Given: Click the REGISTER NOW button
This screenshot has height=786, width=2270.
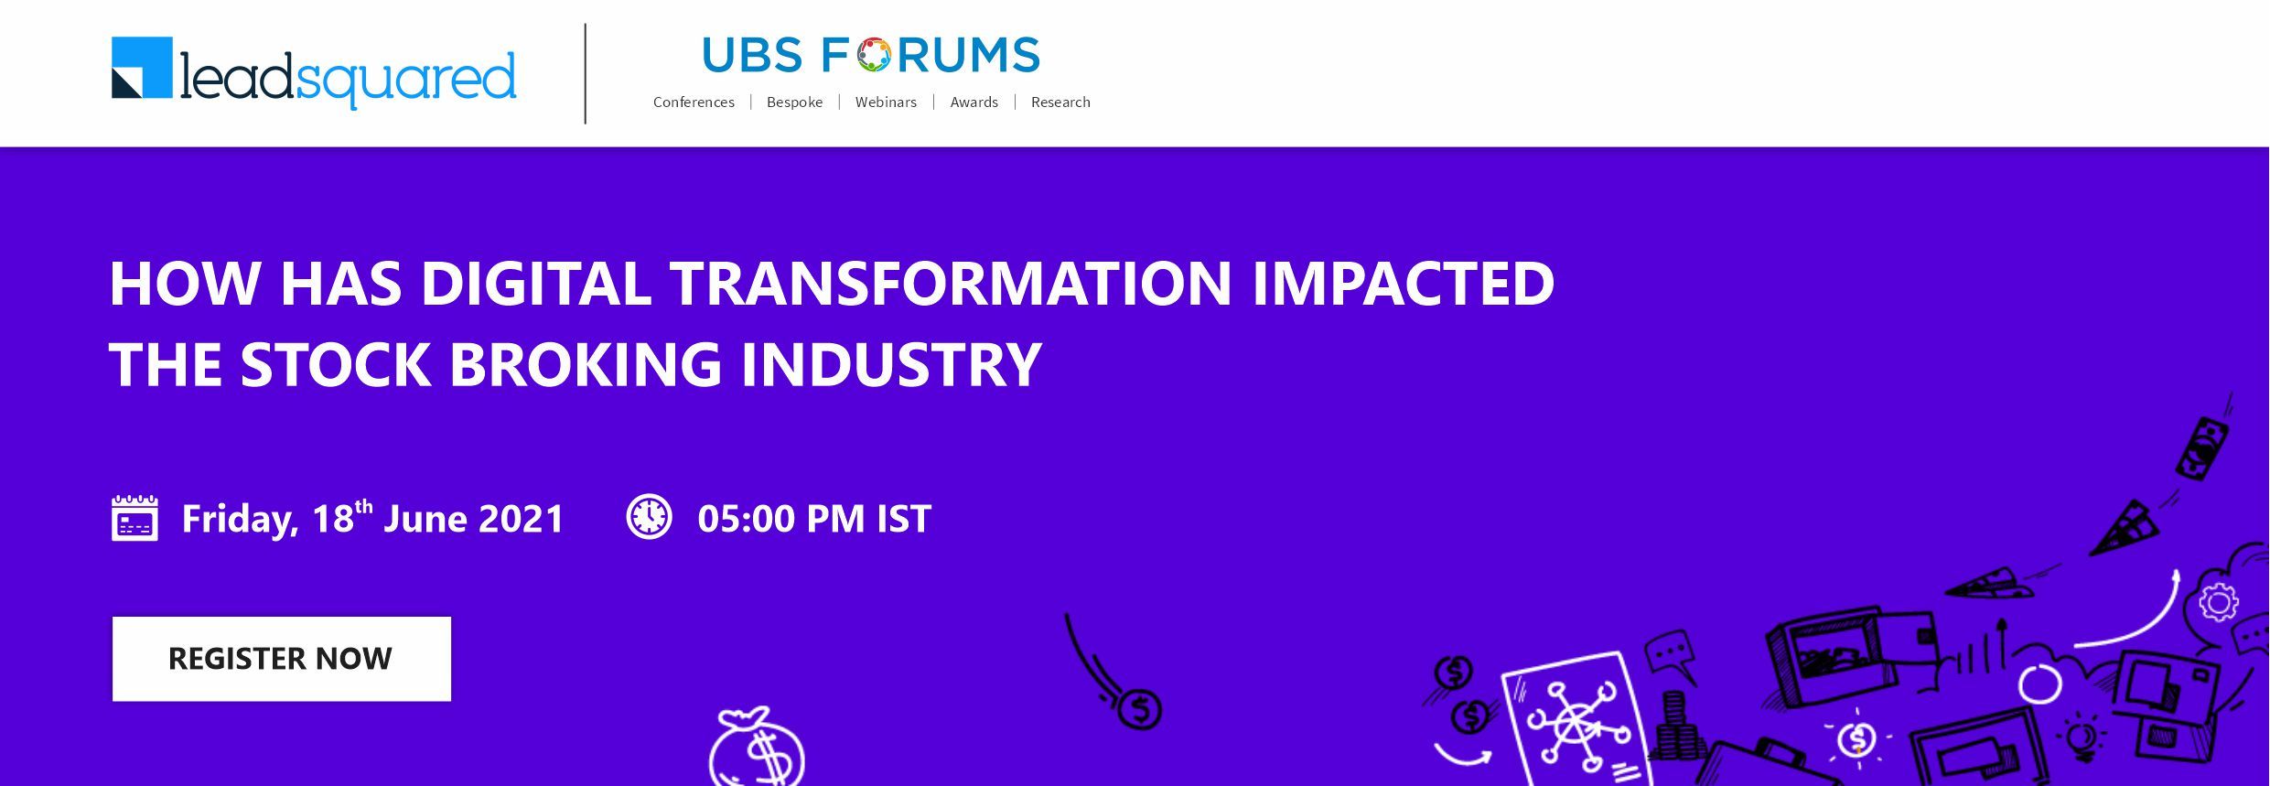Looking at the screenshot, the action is (x=282, y=659).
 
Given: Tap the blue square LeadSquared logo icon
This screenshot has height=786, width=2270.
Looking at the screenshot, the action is (x=142, y=67).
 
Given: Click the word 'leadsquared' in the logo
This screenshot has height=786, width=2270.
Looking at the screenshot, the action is (x=349, y=79).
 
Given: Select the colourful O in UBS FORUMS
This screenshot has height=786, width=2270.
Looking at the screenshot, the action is (x=874, y=55).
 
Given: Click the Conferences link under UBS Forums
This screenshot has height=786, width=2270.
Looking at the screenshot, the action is (x=694, y=102).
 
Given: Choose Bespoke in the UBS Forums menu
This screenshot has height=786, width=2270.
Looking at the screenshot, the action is (x=794, y=102).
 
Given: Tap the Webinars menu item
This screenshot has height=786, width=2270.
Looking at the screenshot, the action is (x=886, y=102).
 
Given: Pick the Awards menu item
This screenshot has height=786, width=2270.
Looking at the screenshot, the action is (x=974, y=102).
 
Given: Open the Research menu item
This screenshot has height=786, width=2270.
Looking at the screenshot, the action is (x=1060, y=102).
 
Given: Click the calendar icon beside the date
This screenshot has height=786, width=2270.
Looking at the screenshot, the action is (x=134, y=518).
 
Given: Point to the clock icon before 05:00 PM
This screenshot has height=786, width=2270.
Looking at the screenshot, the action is (x=649, y=517).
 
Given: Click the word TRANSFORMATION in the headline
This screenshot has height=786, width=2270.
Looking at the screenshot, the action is (x=951, y=283).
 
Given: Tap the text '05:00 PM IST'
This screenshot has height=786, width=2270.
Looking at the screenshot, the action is (x=814, y=519).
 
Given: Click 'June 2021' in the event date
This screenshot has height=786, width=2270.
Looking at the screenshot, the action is (x=474, y=519).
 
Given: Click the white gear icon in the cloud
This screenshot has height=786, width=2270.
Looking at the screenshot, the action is (x=2218, y=603).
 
